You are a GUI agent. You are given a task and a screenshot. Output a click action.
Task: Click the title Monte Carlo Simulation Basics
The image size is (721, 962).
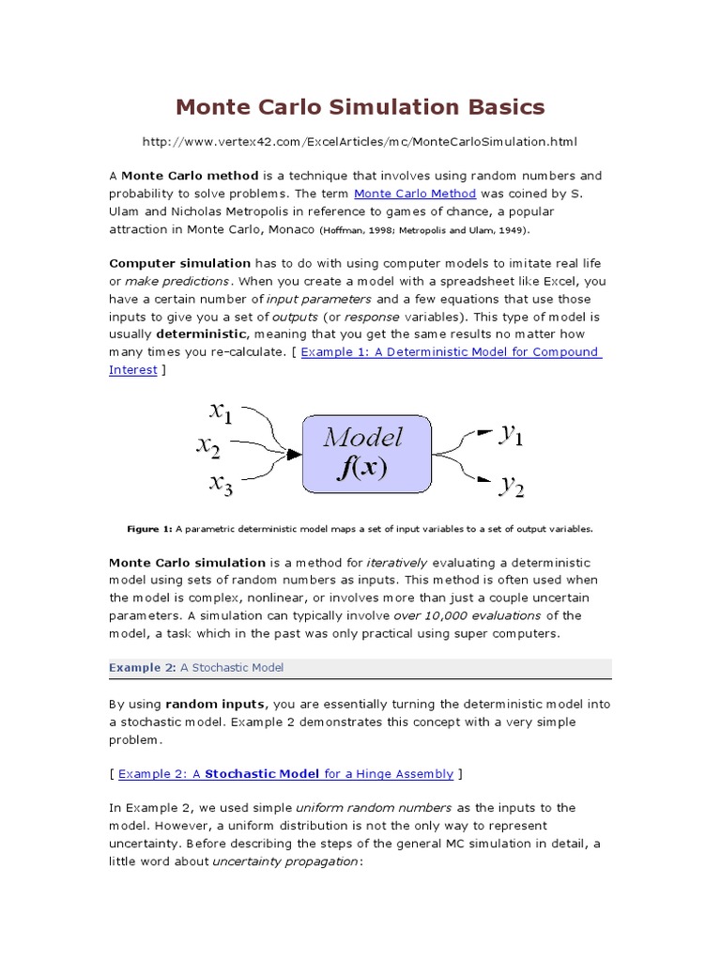pos(360,107)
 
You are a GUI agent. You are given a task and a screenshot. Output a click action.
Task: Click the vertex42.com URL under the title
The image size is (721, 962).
pos(360,142)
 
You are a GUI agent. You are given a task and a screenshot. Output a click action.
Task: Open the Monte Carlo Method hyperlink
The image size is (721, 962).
pos(415,194)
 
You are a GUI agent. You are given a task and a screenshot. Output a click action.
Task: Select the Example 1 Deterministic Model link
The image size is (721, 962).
pos(451,352)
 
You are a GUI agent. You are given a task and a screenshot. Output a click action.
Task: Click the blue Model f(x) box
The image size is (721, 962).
pos(366,454)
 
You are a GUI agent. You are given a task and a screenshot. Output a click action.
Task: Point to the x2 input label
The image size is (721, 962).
pos(208,446)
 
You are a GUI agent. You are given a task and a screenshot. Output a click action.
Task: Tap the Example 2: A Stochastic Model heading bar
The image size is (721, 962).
pos(360,668)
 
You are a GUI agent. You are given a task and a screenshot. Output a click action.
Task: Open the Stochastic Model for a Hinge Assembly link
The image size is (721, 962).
pos(285,774)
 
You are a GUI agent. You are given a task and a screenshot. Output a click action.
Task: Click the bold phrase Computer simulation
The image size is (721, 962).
pos(180,263)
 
